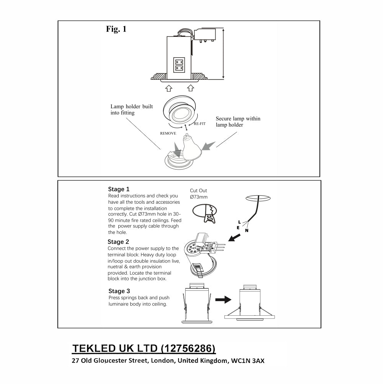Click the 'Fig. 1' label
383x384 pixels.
pos(116,29)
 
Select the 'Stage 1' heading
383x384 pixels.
pos(119,189)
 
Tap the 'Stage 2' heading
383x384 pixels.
pos(118,242)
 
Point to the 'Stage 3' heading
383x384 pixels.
pos(119,291)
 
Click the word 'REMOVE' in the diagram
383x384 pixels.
pos(168,133)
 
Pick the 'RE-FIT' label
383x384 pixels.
pos(200,124)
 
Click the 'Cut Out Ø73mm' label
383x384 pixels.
pos(199,194)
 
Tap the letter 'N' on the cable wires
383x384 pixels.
pos(247,231)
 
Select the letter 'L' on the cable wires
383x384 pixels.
pos(239,222)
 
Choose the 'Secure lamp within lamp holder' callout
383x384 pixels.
pos(237,122)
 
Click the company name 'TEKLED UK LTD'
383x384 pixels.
pos(115,348)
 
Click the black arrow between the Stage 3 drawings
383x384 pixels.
pos(223,300)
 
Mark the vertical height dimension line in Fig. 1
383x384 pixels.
pos(223,53)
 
